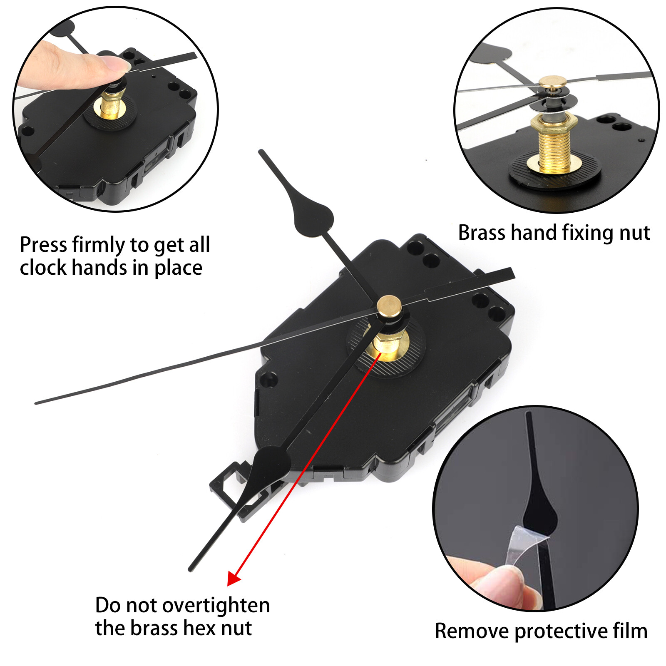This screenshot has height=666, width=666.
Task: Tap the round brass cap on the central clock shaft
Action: point(389,306)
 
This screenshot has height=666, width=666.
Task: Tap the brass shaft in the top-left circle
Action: point(112,106)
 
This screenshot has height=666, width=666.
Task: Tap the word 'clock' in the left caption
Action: point(43,268)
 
